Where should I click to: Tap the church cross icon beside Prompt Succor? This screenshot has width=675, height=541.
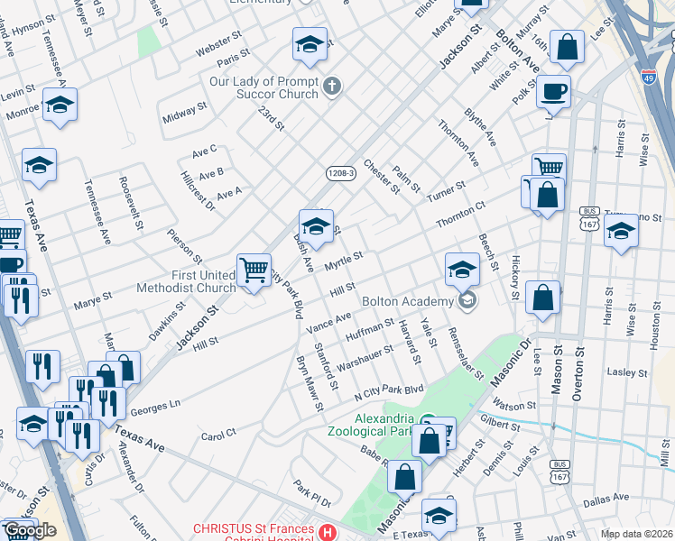pos(332,87)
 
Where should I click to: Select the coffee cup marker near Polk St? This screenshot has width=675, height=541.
pos(553,92)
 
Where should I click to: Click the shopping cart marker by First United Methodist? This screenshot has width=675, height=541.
pos(254,270)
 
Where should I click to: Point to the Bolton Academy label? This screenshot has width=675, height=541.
pos(407,301)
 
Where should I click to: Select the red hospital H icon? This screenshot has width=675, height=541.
pos(328,533)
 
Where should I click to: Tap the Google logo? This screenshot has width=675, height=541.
pos(30,530)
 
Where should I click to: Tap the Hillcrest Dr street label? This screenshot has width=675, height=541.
pos(198,190)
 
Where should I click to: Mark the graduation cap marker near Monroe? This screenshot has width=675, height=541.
pos(60,105)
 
